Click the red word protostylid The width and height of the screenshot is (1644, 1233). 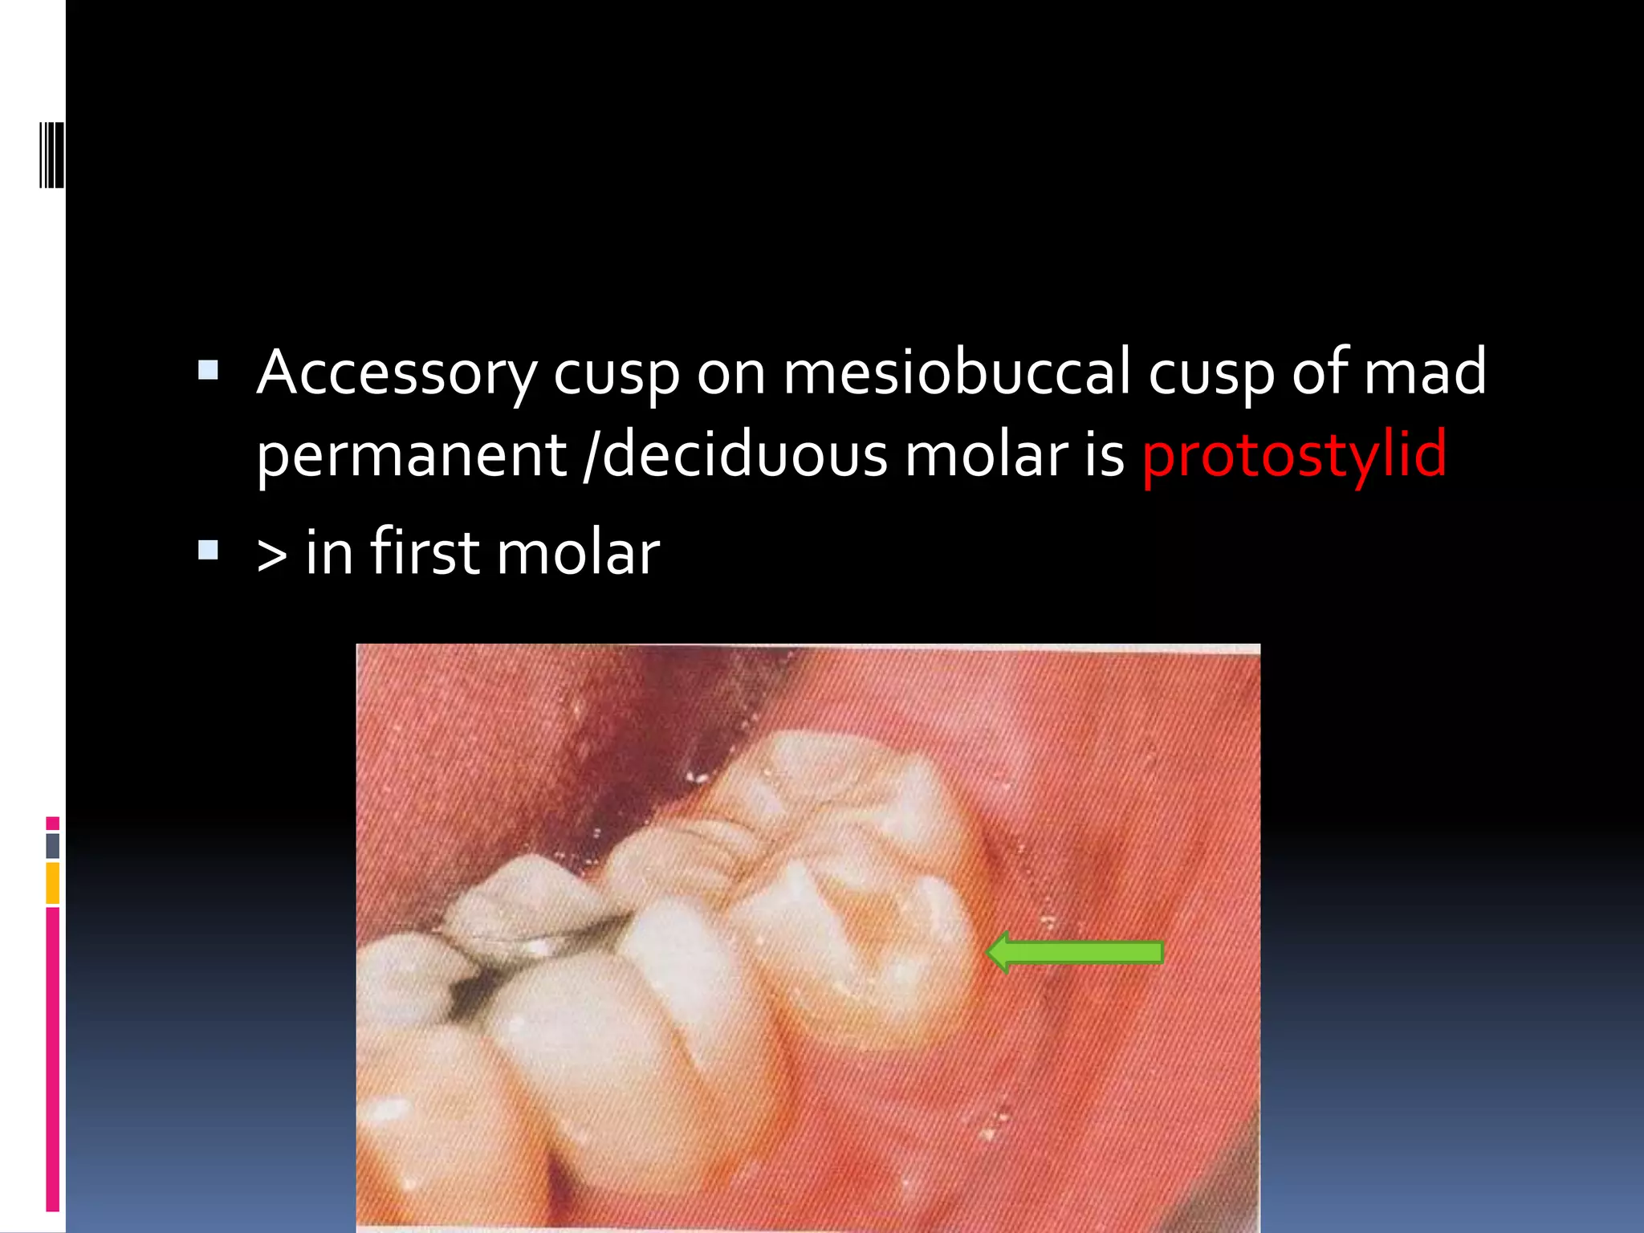pos(1294,455)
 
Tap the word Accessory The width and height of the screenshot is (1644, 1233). pos(397,373)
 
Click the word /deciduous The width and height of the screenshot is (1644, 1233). pos(735,455)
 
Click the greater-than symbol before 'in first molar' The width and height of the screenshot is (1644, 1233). pos(272,555)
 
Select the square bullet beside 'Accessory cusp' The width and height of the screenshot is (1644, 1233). pos(208,370)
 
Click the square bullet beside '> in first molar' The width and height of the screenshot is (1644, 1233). pos(208,550)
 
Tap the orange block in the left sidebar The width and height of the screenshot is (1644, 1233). pos(53,883)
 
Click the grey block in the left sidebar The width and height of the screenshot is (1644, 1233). pos(53,846)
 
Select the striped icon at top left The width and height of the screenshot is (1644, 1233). pos(51,154)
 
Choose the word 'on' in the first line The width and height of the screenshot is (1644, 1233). pos(730,373)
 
